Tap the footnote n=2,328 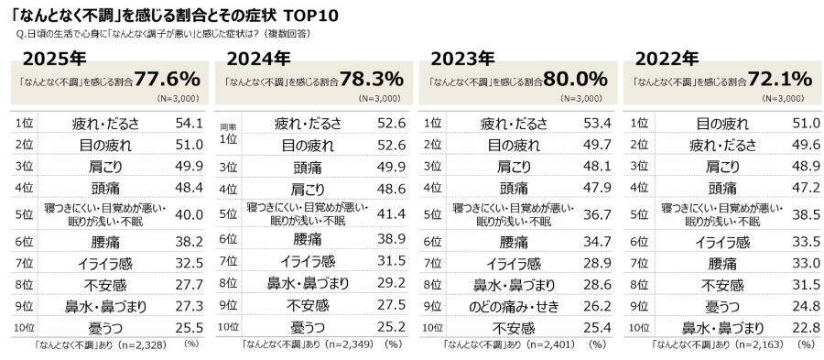tap(127, 345)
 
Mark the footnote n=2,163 tap(741, 345)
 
